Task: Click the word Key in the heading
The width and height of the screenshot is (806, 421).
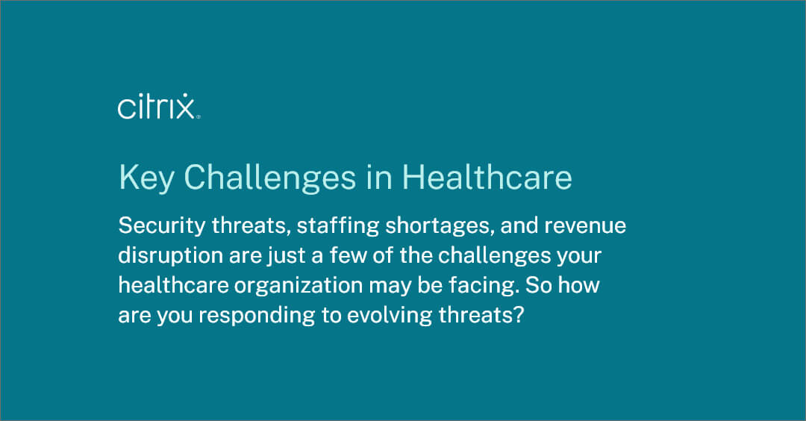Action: point(144,178)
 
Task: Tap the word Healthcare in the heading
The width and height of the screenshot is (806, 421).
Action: point(487,178)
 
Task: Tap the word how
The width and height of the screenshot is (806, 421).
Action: point(583,285)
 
